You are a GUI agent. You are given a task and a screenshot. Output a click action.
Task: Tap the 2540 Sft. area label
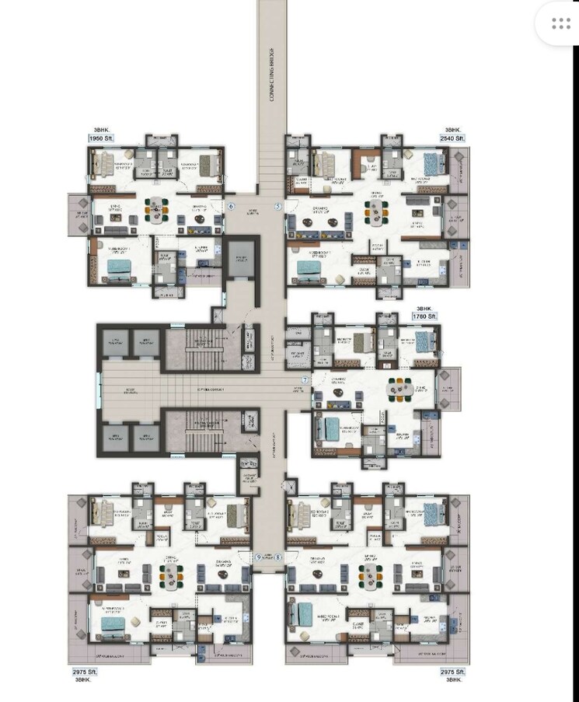(451, 138)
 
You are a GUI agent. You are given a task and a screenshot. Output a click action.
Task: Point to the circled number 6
(232, 206)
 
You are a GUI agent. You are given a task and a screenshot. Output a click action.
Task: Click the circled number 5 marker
(277, 206)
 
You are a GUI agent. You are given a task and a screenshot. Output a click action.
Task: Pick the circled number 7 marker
(305, 380)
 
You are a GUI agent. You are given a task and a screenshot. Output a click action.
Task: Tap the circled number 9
(259, 557)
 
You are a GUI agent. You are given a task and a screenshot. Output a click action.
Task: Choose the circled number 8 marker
(277, 557)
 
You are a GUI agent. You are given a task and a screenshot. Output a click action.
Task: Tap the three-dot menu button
(561, 25)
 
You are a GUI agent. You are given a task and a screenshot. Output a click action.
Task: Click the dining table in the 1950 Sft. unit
(158, 210)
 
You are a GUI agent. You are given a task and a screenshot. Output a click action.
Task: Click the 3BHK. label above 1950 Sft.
(96, 130)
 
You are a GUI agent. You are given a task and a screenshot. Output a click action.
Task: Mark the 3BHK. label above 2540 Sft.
(453, 130)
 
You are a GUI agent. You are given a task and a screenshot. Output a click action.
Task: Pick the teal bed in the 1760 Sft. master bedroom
(333, 427)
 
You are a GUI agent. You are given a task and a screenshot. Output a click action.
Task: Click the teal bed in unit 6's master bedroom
(119, 267)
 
